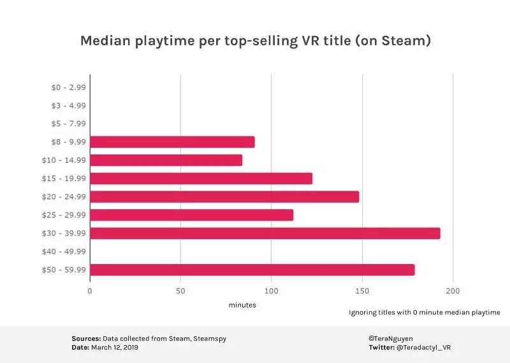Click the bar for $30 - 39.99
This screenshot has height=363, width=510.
tap(265, 233)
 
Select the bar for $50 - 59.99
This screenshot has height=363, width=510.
tap(252, 270)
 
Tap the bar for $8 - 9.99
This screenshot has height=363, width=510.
tap(172, 142)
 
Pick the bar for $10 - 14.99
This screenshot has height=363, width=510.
tap(166, 160)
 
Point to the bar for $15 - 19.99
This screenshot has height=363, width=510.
tap(201, 179)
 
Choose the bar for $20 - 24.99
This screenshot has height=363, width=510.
tap(224, 196)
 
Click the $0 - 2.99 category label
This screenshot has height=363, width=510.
tap(68, 87)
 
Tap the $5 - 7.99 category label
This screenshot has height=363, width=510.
tap(68, 124)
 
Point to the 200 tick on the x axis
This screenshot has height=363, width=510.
tap(453, 292)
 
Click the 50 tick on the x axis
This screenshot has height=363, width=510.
tap(180, 292)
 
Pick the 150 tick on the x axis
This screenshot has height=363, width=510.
tap(362, 292)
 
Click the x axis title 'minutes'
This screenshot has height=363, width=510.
tap(242, 305)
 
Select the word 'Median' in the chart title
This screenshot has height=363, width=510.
tap(103, 41)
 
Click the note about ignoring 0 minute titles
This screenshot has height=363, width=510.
tap(425, 313)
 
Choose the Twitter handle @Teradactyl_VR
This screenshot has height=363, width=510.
tap(424, 348)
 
